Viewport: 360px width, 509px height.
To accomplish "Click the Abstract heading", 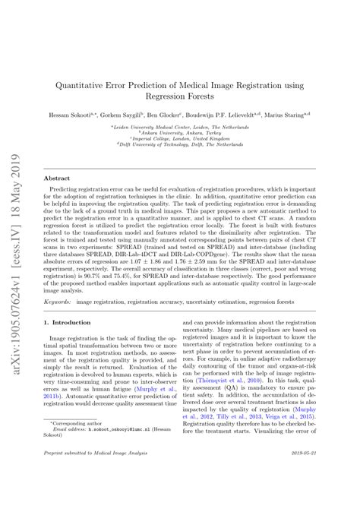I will [58, 178].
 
